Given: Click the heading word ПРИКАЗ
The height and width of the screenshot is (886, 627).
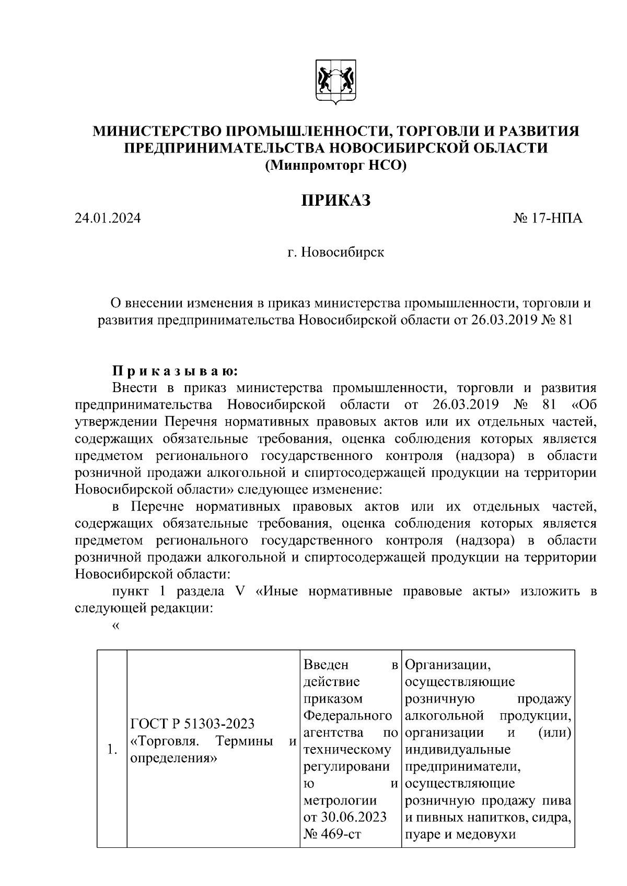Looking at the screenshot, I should click(x=335, y=200).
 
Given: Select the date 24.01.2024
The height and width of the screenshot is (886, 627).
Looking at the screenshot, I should click(x=108, y=218).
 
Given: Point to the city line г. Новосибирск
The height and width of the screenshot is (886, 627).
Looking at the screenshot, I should click(x=335, y=253).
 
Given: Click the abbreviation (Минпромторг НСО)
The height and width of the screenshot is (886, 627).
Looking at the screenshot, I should click(x=335, y=166).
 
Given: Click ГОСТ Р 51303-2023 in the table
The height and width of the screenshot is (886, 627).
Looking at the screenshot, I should click(x=192, y=724).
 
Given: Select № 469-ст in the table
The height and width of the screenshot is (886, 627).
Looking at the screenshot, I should click(x=332, y=834).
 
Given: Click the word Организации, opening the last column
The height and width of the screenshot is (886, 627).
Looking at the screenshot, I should click(x=447, y=665).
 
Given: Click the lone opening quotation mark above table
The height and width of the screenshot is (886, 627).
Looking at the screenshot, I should click(x=116, y=626).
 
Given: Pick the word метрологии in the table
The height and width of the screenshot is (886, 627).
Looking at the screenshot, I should click(x=340, y=800).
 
